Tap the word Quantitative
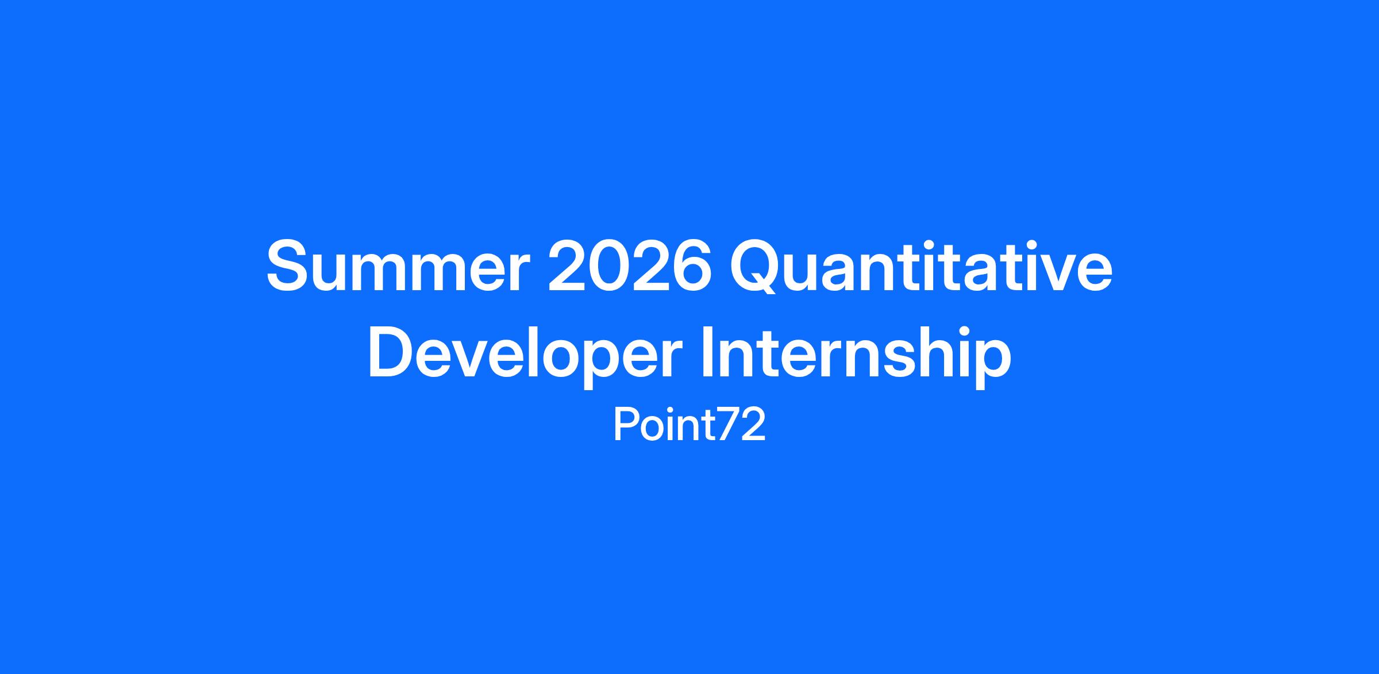click(x=921, y=269)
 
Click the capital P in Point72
click(x=625, y=424)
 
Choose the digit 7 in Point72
click(x=729, y=424)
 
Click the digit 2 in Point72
click(x=754, y=424)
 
